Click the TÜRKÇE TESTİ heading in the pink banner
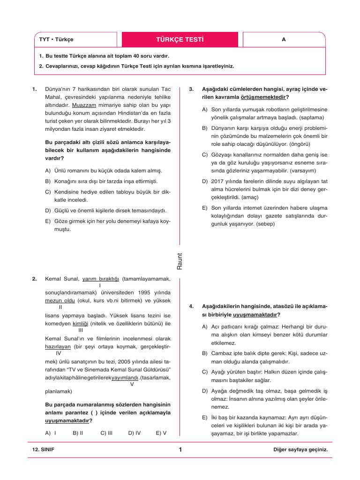tap(180, 39)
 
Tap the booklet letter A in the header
tap(284, 40)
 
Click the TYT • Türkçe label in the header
tap(56, 40)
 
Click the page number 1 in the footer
tap(180, 450)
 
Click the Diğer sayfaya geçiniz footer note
tap(300, 450)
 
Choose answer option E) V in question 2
tap(161, 433)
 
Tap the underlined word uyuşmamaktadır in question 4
tap(255, 314)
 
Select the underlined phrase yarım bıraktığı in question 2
tap(101, 279)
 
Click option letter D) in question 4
tap(205, 390)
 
